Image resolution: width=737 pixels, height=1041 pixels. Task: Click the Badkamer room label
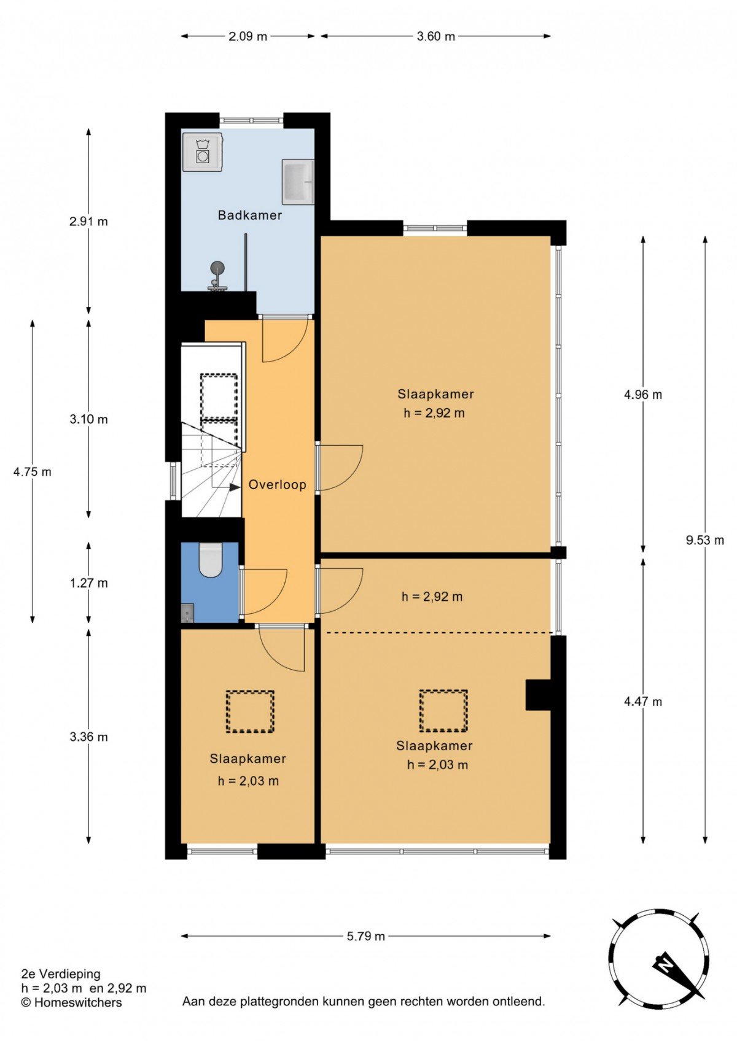pos(250,215)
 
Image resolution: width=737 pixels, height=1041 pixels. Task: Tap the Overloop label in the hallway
pos(277,485)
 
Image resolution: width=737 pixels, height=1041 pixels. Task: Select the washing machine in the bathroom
pos(202,152)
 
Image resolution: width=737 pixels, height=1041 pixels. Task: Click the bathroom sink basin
pos(298,182)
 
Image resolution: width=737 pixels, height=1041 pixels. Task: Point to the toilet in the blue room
pos(211,560)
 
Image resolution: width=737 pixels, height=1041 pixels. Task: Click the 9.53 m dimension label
pos(705,540)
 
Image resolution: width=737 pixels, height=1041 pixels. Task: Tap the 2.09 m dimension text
pos(248,37)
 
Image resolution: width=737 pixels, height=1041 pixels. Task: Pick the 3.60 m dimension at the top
pos(435,37)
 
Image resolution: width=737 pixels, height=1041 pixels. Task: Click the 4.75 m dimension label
pos(32,472)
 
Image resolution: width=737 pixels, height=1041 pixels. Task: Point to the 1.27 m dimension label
pos(89,582)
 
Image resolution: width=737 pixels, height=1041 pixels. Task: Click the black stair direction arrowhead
pos(235,487)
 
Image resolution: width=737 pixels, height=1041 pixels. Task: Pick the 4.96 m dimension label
pos(642,395)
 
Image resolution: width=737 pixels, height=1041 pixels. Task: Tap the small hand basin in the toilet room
pos(187,613)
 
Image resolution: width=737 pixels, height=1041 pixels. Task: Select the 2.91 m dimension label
pos(89,222)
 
